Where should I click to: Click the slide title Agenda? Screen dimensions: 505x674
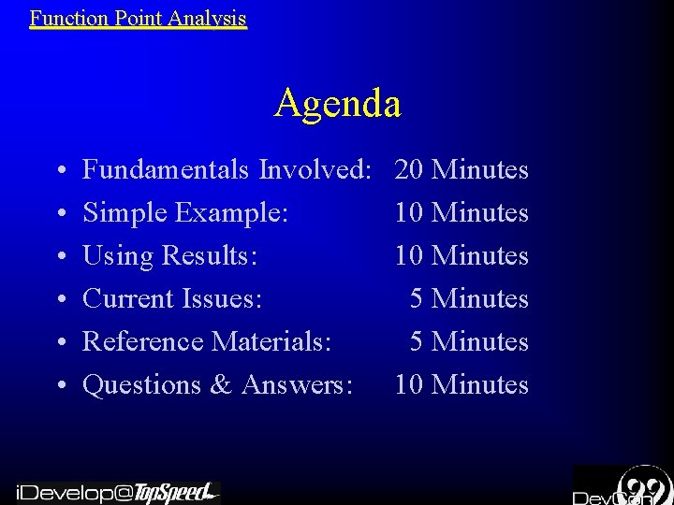(x=338, y=103)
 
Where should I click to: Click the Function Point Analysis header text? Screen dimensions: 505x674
(x=138, y=18)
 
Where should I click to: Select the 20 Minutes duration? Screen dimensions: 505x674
(x=462, y=170)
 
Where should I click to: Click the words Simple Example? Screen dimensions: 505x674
(x=183, y=213)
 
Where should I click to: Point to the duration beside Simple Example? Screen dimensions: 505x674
(x=462, y=213)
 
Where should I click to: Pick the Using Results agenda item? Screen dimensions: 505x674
(x=169, y=256)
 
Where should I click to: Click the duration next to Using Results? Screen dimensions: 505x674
(x=462, y=256)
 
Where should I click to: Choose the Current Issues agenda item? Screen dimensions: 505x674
(x=172, y=299)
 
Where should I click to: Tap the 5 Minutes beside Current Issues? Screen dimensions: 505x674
(x=469, y=299)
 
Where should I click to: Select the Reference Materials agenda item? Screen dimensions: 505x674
(x=207, y=342)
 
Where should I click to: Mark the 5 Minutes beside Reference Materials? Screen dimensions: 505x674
(x=469, y=342)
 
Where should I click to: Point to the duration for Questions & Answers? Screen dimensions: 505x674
(x=462, y=385)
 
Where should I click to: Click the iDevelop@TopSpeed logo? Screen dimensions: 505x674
(x=116, y=492)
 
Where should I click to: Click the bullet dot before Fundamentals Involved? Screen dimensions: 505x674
(x=60, y=172)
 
